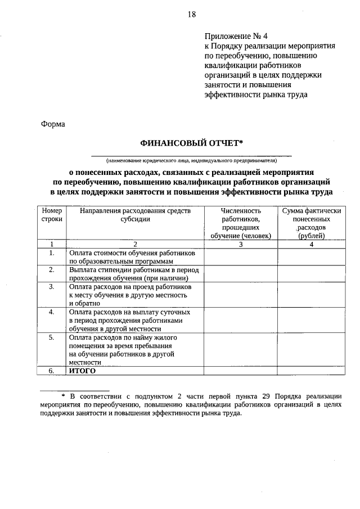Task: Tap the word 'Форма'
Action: click(x=53, y=124)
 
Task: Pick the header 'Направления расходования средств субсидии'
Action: click(x=135, y=215)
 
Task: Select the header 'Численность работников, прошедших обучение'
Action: click(x=240, y=223)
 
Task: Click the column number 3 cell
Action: click(x=240, y=244)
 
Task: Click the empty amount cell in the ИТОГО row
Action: click(x=311, y=371)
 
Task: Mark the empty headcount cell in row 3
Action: click(x=240, y=295)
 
